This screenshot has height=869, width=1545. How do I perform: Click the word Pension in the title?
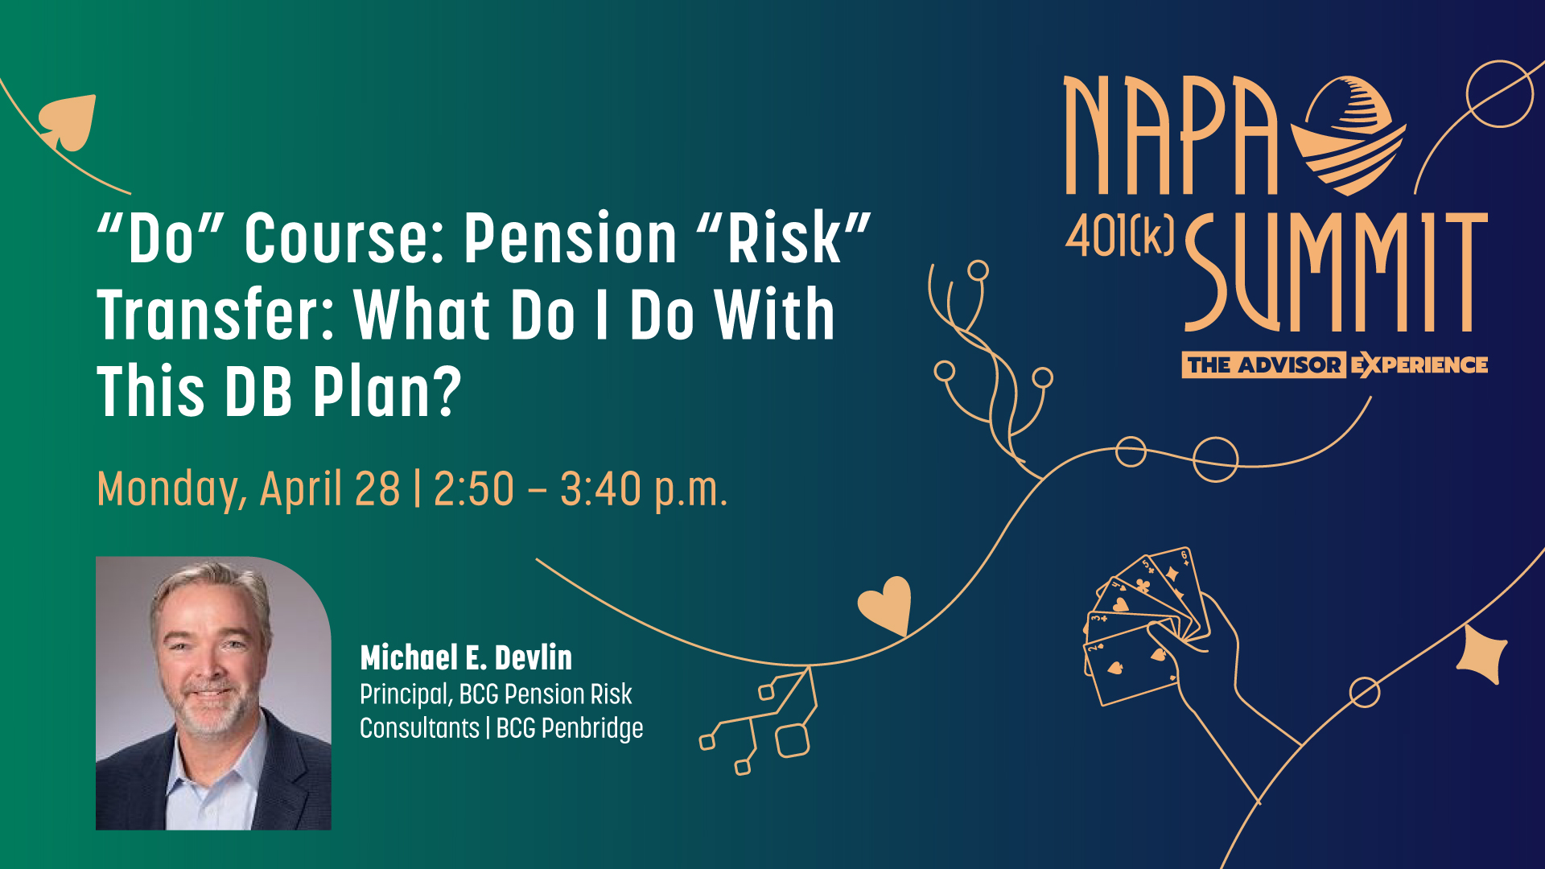coord(571,238)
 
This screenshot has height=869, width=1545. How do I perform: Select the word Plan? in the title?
coord(387,392)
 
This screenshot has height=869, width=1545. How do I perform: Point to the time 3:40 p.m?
coord(644,489)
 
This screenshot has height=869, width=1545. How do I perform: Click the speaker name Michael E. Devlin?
coord(466,657)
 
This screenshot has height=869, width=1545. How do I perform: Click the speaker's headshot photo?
coord(213,693)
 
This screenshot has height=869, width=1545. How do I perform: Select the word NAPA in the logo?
coord(1171,135)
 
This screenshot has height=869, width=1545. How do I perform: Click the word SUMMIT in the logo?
coord(1336,272)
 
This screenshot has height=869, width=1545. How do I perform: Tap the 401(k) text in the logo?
coord(1119,237)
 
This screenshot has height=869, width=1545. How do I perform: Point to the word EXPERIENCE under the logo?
coord(1419,365)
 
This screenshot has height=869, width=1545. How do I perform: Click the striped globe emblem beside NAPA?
coord(1349,136)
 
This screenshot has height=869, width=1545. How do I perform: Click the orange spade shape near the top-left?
coord(68,122)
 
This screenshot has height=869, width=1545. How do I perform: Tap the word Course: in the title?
coord(345,238)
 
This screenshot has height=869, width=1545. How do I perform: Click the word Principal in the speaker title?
coord(406,694)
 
